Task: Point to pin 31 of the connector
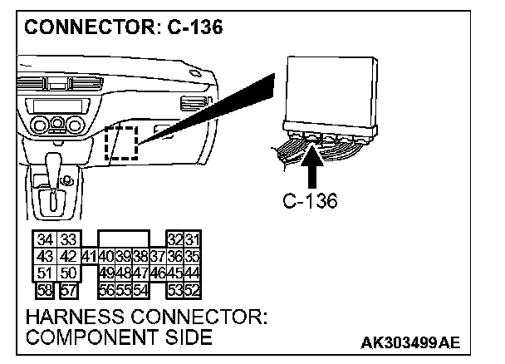(x=193, y=240)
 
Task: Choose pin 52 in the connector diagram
(x=193, y=289)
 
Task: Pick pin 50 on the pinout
(x=68, y=273)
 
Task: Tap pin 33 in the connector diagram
(x=68, y=240)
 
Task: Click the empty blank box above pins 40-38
(x=123, y=239)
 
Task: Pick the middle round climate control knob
(x=56, y=125)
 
